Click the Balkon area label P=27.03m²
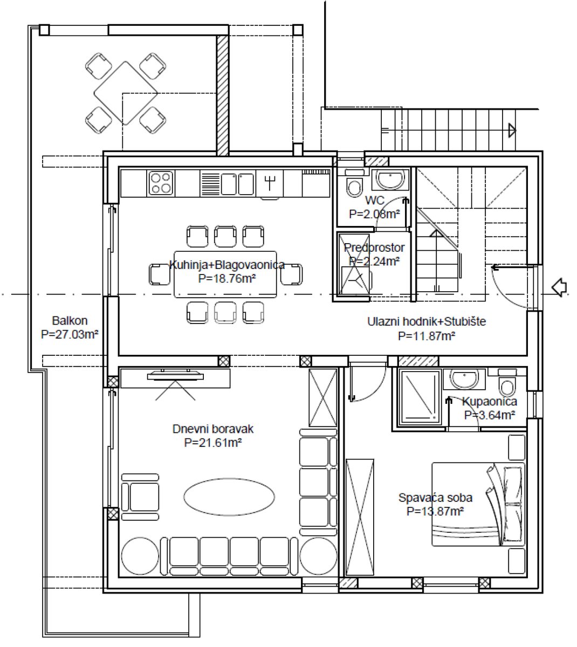[x=70, y=334]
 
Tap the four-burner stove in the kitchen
[x=161, y=183]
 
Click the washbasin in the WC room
[x=390, y=180]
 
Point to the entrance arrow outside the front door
[x=559, y=287]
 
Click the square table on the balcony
[x=126, y=93]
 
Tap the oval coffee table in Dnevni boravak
[x=229, y=497]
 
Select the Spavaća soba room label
[x=435, y=498]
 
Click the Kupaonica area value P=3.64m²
[x=490, y=415]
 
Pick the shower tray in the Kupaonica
[x=419, y=398]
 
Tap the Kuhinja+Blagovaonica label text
[x=227, y=265]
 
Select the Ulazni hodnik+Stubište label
[x=427, y=321]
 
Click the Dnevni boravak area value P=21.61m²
[x=213, y=443]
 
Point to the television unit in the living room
[x=175, y=378]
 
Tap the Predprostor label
[x=374, y=247]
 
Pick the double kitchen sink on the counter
[x=237, y=184]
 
